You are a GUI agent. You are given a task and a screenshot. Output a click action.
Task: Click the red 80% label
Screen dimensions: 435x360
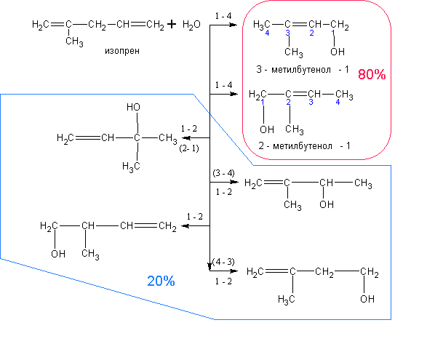(x=372, y=74)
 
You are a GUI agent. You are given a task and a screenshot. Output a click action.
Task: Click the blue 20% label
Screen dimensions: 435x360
(x=161, y=281)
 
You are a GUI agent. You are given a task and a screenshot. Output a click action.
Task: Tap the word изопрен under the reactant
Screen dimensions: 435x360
(x=122, y=51)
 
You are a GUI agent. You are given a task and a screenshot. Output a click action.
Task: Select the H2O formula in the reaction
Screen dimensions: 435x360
(x=191, y=25)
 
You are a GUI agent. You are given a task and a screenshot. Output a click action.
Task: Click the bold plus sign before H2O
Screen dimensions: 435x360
(x=172, y=24)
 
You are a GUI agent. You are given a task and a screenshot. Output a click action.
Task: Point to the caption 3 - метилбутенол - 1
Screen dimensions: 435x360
(x=303, y=69)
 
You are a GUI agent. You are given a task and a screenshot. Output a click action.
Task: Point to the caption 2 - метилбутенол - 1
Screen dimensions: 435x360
(x=304, y=145)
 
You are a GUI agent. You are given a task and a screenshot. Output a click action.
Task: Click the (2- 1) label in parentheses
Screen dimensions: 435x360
(x=189, y=148)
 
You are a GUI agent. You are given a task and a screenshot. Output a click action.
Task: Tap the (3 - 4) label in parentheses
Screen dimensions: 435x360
(x=223, y=173)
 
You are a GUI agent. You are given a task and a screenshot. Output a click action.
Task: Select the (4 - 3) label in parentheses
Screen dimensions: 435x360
(x=223, y=262)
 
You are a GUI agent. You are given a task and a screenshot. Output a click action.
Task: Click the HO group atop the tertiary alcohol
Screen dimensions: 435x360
(x=133, y=107)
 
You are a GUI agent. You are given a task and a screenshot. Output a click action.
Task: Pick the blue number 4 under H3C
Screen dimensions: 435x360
(x=267, y=33)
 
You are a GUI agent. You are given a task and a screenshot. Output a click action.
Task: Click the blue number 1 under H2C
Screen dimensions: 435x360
(x=263, y=103)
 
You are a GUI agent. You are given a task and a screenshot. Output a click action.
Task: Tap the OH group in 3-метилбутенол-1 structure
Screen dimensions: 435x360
(x=338, y=52)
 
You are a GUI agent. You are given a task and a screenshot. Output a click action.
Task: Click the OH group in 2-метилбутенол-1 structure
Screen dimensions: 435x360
(x=267, y=129)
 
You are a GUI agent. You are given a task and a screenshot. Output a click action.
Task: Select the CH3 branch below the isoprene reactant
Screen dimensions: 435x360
(x=74, y=41)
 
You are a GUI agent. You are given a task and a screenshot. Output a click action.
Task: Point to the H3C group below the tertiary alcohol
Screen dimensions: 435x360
(x=131, y=167)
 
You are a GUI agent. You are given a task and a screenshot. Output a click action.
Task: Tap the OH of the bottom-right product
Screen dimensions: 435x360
(x=367, y=299)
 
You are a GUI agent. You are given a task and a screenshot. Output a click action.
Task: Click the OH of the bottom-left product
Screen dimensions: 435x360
(x=58, y=254)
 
